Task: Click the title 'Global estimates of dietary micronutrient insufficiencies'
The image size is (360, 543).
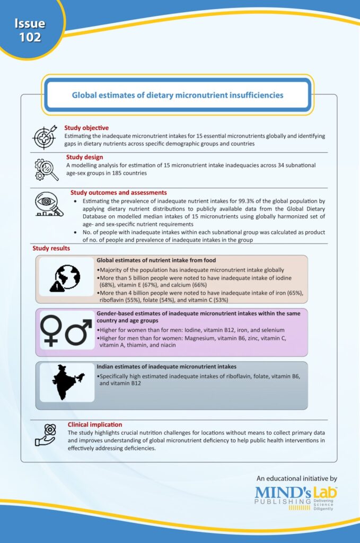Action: (x=178, y=95)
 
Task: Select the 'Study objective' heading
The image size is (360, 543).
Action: (x=86, y=128)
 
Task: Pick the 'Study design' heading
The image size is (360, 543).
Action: (x=85, y=157)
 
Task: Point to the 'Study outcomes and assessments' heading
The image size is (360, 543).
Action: (x=119, y=192)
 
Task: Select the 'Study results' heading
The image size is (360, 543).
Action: (x=51, y=248)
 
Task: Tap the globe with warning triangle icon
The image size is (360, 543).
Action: (x=65, y=279)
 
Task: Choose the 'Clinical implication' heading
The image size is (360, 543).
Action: (x=95, y=425)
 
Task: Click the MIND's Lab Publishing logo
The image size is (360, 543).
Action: (x=296, y=497)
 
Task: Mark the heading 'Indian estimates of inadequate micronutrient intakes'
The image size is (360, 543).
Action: (x=166, y=366)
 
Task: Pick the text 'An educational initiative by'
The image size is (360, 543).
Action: (x=296, y=478)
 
